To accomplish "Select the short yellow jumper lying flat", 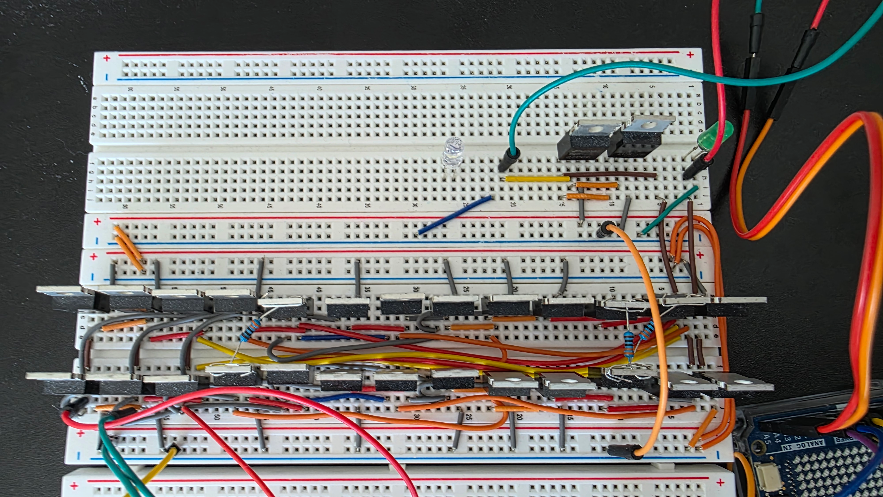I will point(536,179).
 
